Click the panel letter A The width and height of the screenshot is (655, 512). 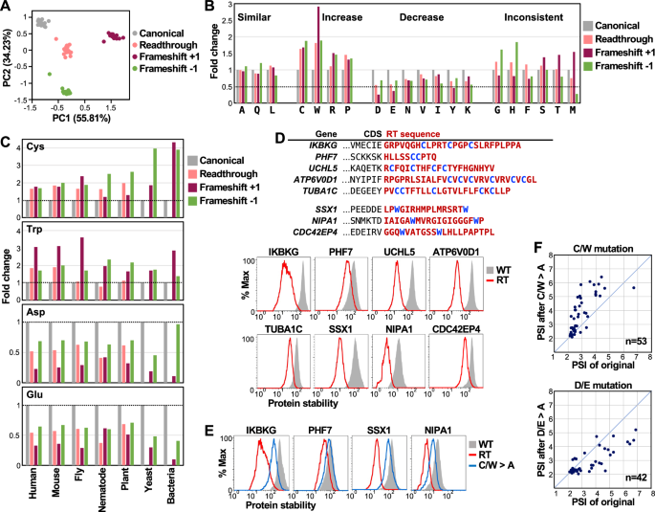coord(7,8)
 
